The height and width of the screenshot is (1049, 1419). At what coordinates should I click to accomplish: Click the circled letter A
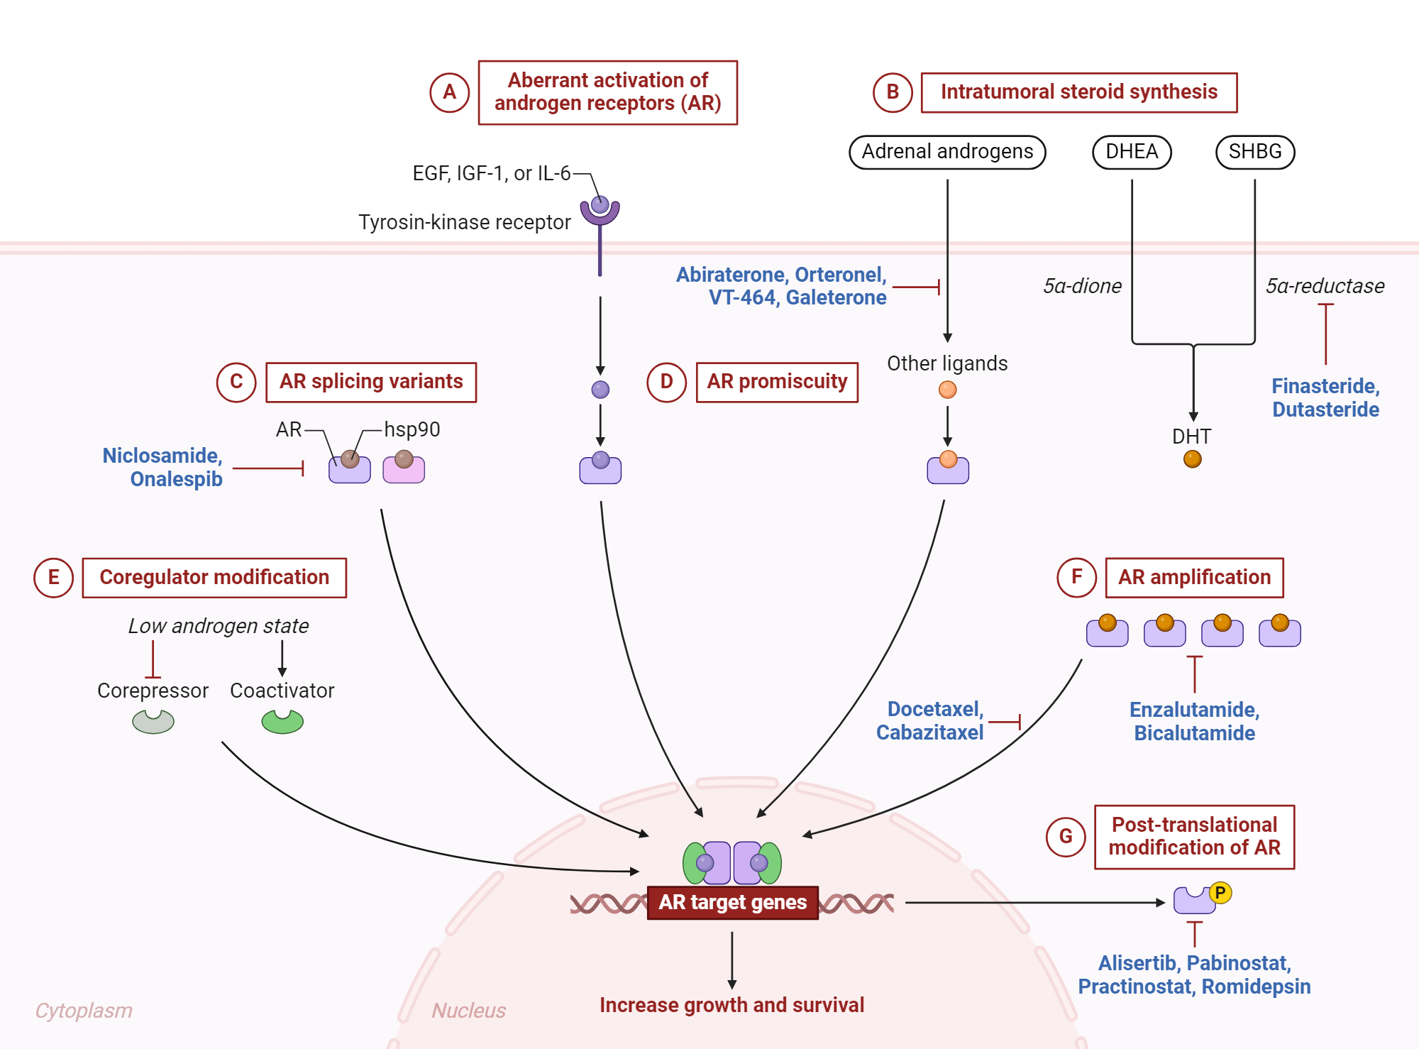click(449, 92)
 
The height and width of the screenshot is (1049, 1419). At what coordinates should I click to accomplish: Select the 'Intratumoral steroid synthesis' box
click(1078, 92)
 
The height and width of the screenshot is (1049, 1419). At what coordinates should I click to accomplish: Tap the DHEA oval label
click(1131, 152)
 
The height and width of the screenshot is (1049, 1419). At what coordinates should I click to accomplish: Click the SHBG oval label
click(1254, 152)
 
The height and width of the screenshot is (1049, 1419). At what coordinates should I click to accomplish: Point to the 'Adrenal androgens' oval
click(946, 152)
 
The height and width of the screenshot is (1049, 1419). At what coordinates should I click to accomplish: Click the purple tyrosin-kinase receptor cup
click(600, 212)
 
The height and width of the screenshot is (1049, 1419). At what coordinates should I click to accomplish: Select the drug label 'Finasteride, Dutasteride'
click(1325, 397)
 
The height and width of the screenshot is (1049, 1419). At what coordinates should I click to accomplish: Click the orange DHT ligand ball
click(1192, 459)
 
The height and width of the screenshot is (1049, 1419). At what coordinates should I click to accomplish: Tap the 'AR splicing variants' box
click(370, 382)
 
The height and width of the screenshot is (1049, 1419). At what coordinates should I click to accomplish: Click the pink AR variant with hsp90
click(404, 469)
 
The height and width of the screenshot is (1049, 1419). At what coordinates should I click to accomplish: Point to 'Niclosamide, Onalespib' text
click(162, 467)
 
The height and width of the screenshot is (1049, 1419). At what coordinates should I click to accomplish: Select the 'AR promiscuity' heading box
click(777, 382)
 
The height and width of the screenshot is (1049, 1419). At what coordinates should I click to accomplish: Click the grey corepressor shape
click(153, 722)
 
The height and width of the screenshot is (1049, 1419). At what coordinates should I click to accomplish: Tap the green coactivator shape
click(282, 722)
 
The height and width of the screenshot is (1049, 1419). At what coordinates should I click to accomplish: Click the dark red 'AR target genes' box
click(732, 902)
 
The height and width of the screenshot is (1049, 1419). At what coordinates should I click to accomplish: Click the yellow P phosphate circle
click(1220, 892)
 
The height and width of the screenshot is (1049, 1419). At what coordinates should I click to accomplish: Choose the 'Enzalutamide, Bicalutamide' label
click(1194, 721)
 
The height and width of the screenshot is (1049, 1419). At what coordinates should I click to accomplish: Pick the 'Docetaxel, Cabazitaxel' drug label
click(929, 720)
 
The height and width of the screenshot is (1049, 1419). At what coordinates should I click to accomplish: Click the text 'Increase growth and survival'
click(731, 1005)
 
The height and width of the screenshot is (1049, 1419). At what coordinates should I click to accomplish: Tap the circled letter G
click(1066, 837)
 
